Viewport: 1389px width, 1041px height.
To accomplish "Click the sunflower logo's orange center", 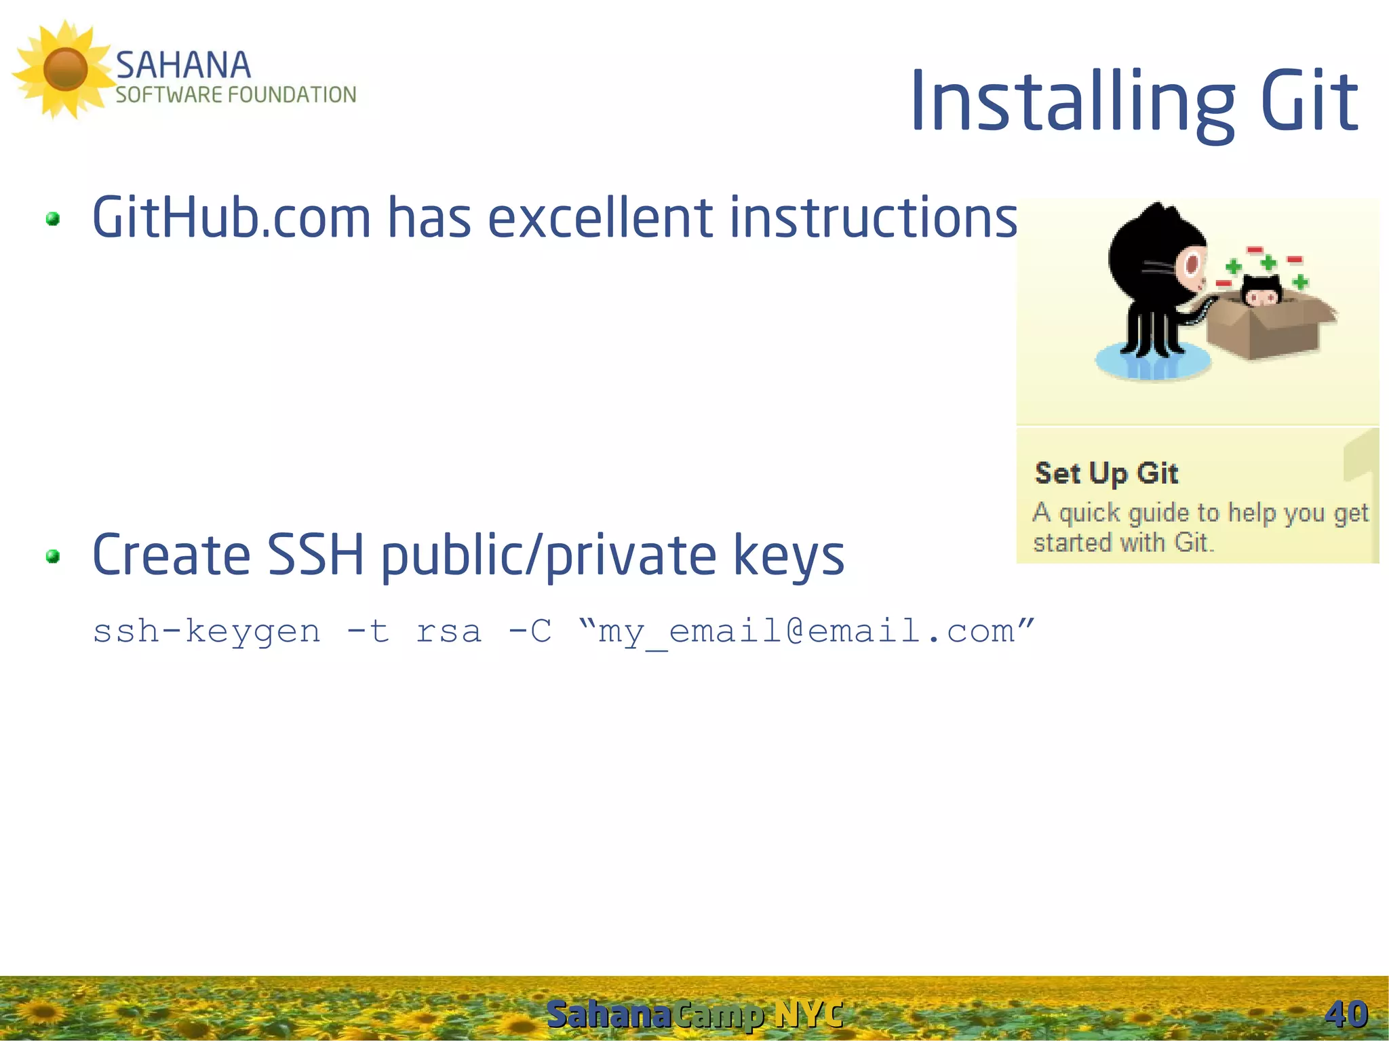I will [x=65, y=69].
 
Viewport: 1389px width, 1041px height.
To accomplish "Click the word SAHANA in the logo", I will [x=183, y=66].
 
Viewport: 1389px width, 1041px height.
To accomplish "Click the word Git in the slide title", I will [x=1309, y=102].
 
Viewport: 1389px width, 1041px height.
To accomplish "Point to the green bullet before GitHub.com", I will [x=53, y=219].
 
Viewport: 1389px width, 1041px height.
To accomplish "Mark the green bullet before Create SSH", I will [x=53, y=557].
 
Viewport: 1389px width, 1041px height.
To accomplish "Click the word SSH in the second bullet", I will [x=315, y=555].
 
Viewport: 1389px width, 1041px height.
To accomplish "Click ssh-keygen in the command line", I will [x=207, y=632].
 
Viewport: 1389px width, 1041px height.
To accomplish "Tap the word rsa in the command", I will [x=448, y=632].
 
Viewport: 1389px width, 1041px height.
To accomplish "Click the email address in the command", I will [x=807, y=632].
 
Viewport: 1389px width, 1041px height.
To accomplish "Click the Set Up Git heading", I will [x=1106, y=473].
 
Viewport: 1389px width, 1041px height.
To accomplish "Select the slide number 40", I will [x=1346, y=1015].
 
